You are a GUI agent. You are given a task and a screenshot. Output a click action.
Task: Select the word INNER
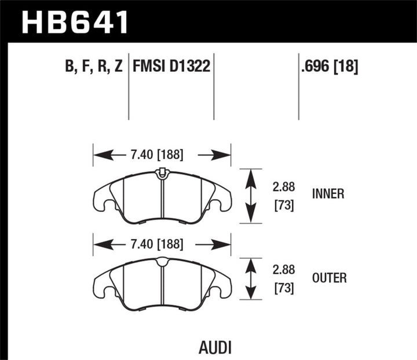327,194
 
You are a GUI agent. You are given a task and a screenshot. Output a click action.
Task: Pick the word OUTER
328,278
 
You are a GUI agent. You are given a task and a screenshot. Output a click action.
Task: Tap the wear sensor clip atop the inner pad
162,171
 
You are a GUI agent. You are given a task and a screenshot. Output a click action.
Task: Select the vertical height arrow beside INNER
250,196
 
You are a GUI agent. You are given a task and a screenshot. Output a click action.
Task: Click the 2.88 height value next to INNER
284,188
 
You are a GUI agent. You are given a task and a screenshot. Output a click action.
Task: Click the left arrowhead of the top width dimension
103,155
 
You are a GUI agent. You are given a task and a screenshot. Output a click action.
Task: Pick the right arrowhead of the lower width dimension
222,244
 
